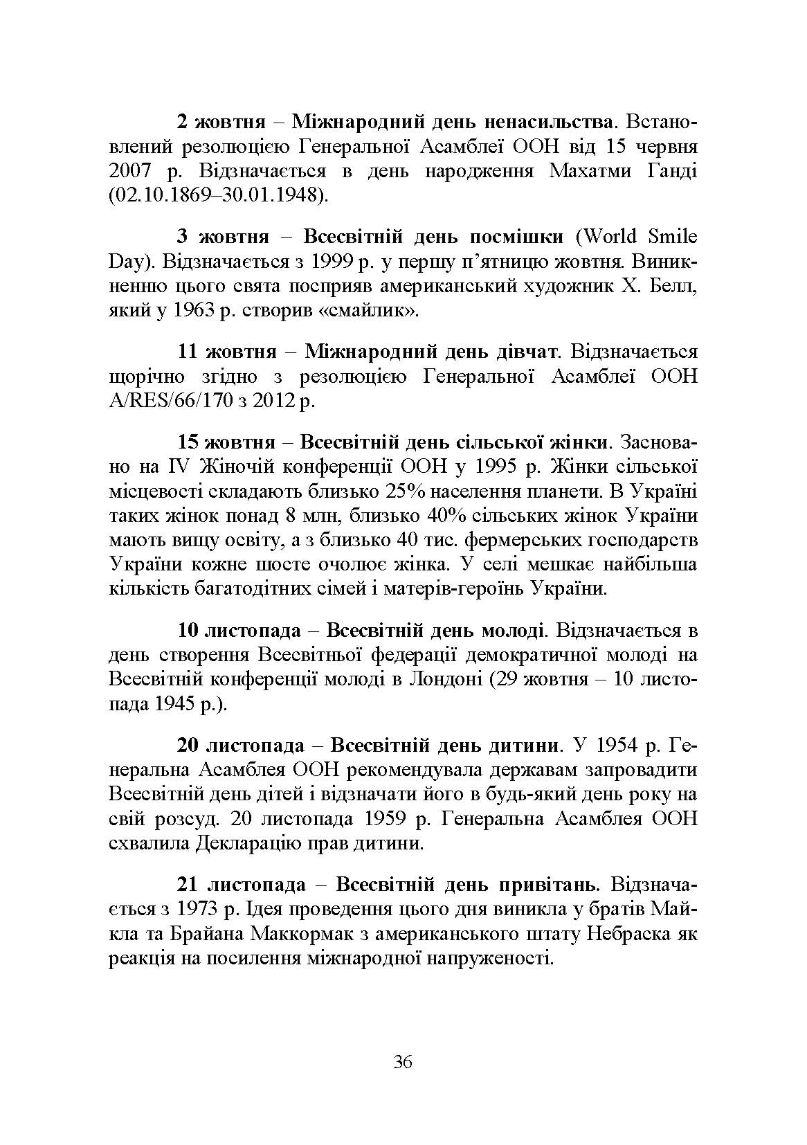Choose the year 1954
click(x=619, y=746)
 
